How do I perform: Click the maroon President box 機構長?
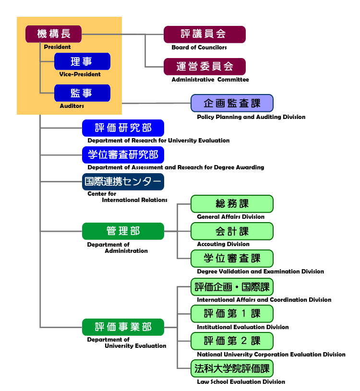point(53,34)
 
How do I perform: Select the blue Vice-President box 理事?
point(82,61)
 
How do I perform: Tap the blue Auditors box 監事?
point(82,93)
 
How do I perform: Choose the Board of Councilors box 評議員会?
point(204,35)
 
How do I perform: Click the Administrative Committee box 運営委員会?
point(204,67)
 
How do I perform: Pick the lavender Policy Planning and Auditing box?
point(232,103)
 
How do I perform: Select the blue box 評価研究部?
point(123,128)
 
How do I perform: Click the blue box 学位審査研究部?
point(123,155)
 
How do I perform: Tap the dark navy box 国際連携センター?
point(123,182)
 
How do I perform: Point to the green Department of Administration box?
point(123,231)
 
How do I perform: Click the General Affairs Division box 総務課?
point(232,204)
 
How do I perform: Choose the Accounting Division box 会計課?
point(232,231)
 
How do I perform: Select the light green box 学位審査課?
point(232,259)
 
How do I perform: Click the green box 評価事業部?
point(123,327)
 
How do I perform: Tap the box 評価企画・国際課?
point(232,287)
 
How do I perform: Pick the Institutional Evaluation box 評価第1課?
point(232,314)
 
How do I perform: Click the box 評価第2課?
point(232,341)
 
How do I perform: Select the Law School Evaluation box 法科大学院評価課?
point(232,368)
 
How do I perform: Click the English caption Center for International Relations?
point(127,197)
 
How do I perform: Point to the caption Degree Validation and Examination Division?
point(260,272)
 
